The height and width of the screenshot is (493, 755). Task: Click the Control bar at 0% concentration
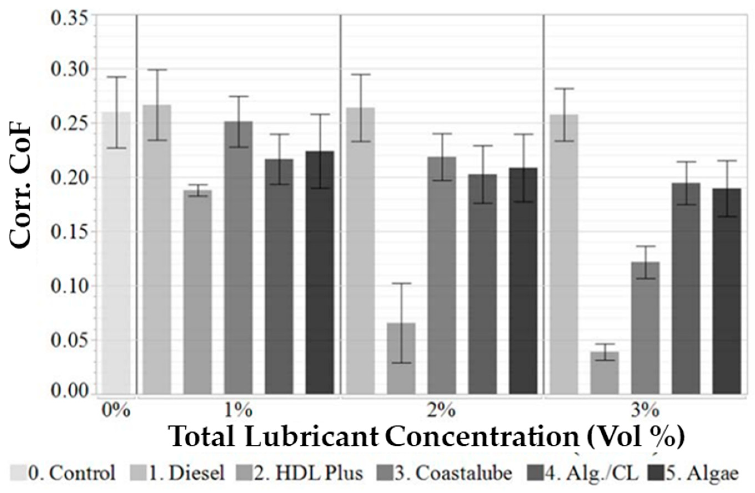click(116, 254)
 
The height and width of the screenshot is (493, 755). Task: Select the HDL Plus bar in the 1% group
click(198, 292)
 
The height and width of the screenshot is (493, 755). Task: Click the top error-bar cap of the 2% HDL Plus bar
click(401, 283)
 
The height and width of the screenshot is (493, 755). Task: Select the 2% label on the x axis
click(441, 411)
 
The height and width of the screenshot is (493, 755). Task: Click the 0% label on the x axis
click(116, 411)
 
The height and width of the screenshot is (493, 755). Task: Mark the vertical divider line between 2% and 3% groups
click(543, 206)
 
